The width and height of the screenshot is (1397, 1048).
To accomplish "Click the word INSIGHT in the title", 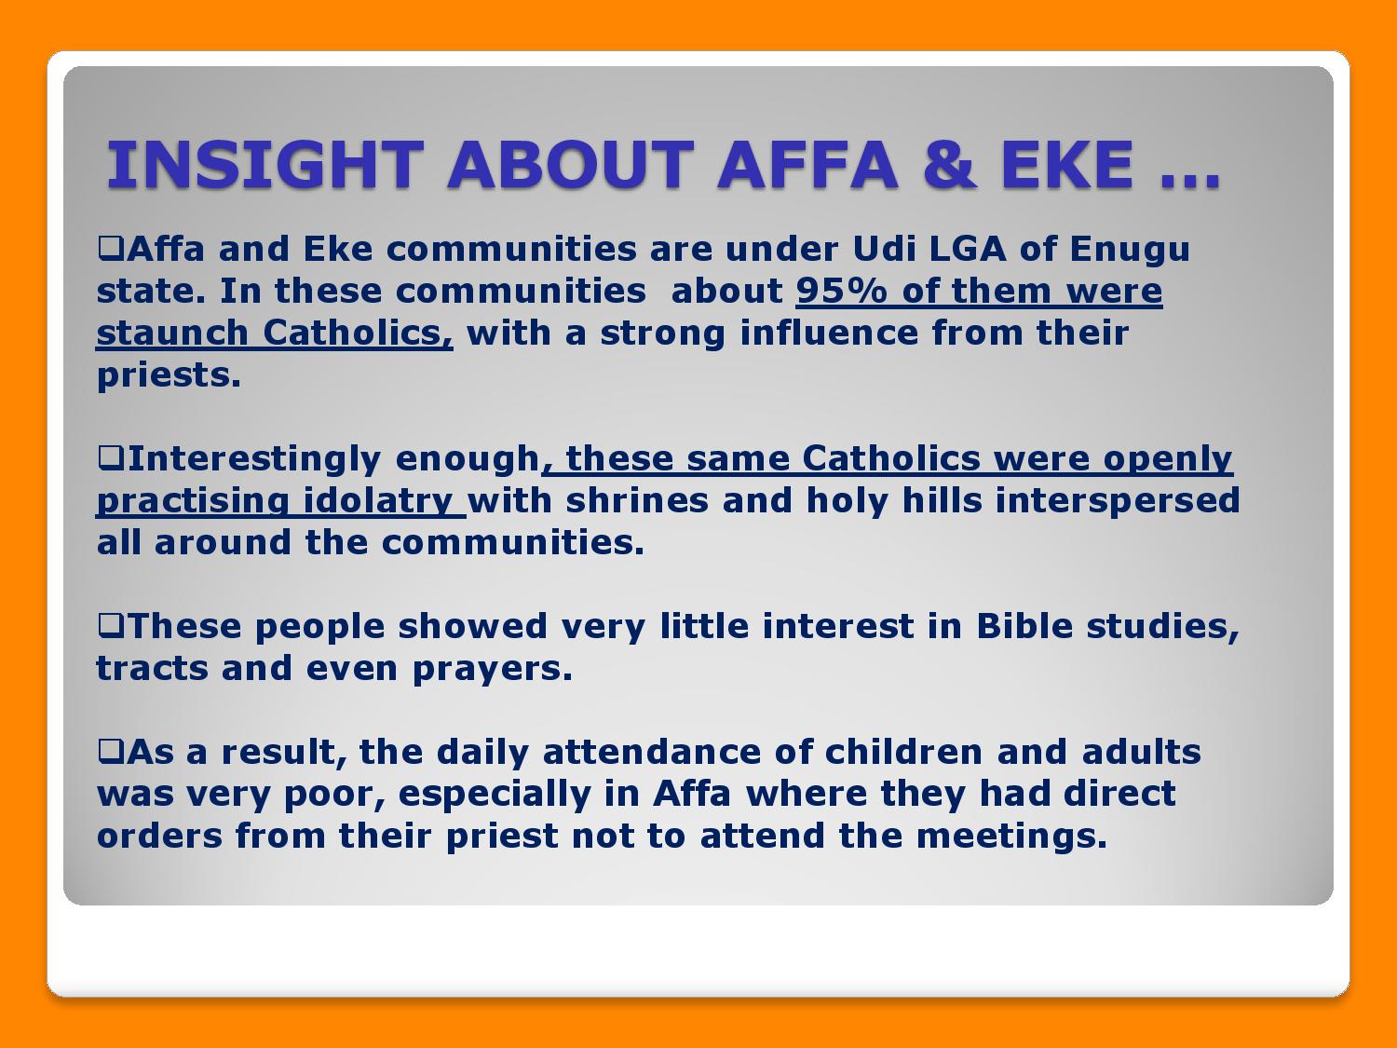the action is coord(265,165).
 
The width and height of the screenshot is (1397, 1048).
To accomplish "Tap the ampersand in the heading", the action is coord(950,165).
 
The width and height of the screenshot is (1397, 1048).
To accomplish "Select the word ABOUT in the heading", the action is coord(570,165).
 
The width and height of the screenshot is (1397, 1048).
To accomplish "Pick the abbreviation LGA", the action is coord(968,248).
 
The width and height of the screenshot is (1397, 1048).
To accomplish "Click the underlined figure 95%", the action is coord(841,291).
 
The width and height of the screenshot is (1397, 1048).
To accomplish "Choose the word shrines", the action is coord(637,500).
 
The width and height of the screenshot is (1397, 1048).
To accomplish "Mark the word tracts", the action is coord(152,669).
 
